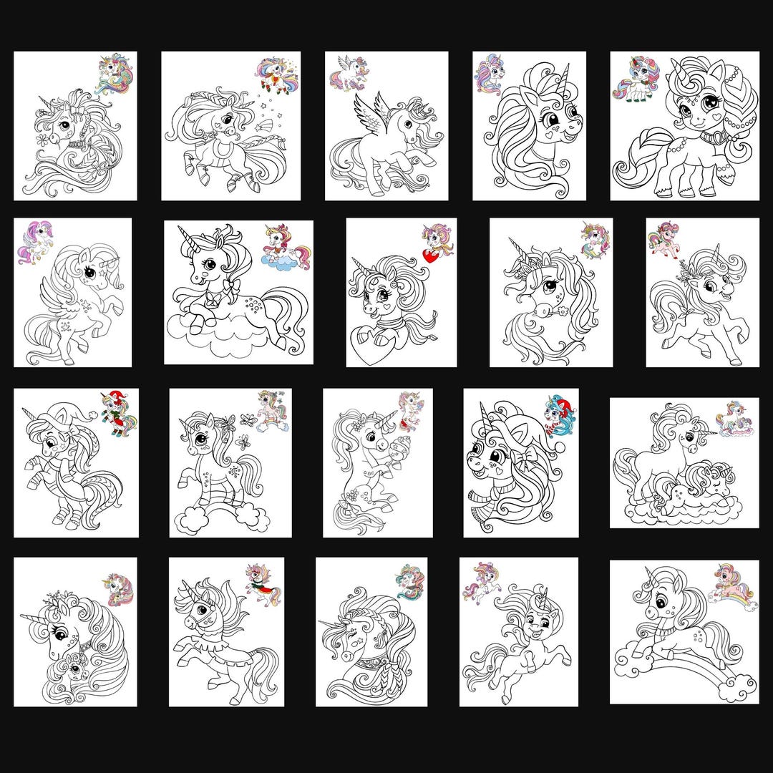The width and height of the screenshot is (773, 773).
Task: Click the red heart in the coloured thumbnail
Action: click(430, 255)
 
